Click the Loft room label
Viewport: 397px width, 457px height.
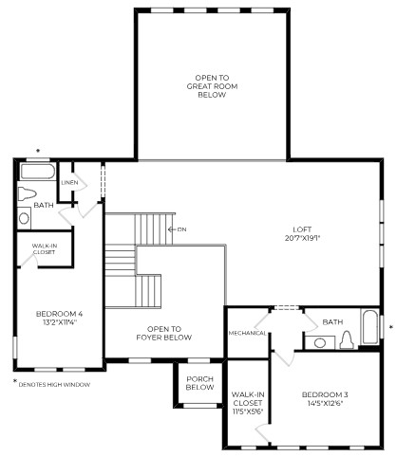point(302,229)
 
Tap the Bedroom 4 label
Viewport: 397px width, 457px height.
point(59,314)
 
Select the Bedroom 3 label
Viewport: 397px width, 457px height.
point(325,394)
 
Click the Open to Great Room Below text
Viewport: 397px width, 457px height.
point(212,86)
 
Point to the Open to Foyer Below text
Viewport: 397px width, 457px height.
point(164,333)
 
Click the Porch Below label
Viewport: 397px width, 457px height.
point(199,383)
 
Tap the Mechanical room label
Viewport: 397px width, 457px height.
point(247,333)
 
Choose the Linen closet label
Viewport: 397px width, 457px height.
point(69,182)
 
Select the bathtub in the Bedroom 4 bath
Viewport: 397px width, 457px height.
point(38,172)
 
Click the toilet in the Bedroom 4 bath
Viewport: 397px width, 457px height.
point(27,193)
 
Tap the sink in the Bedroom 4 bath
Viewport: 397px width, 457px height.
point(24,218)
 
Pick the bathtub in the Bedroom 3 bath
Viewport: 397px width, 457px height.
point(369,327)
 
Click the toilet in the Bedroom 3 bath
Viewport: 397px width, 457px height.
point(347,340)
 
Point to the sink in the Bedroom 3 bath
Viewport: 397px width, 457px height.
point(320,342)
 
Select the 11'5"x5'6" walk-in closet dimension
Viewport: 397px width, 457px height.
point(247,411)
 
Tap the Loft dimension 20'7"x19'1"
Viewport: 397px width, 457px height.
point(302,238)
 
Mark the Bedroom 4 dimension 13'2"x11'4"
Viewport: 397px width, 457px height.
point(60,322)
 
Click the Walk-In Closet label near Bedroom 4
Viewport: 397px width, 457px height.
point(45,248)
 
